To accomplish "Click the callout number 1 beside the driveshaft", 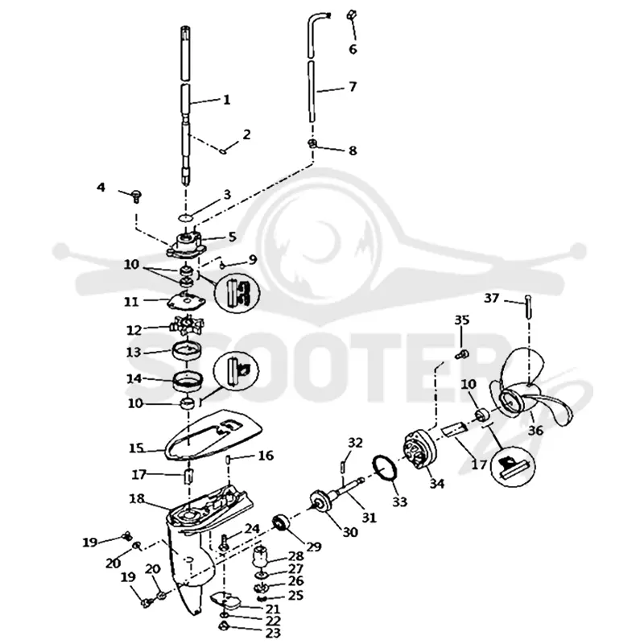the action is [226, 100].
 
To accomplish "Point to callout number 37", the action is [492, 298].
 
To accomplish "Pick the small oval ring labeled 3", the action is [187, 217].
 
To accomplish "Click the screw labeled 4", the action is [136, 196].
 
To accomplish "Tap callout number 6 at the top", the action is [353, 49].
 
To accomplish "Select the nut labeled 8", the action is [312, 144].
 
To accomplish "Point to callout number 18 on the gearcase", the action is [137, 498].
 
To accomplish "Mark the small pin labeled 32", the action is [342, 467].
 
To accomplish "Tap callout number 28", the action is [295, 556].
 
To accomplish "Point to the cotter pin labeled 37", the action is [527, 307].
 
